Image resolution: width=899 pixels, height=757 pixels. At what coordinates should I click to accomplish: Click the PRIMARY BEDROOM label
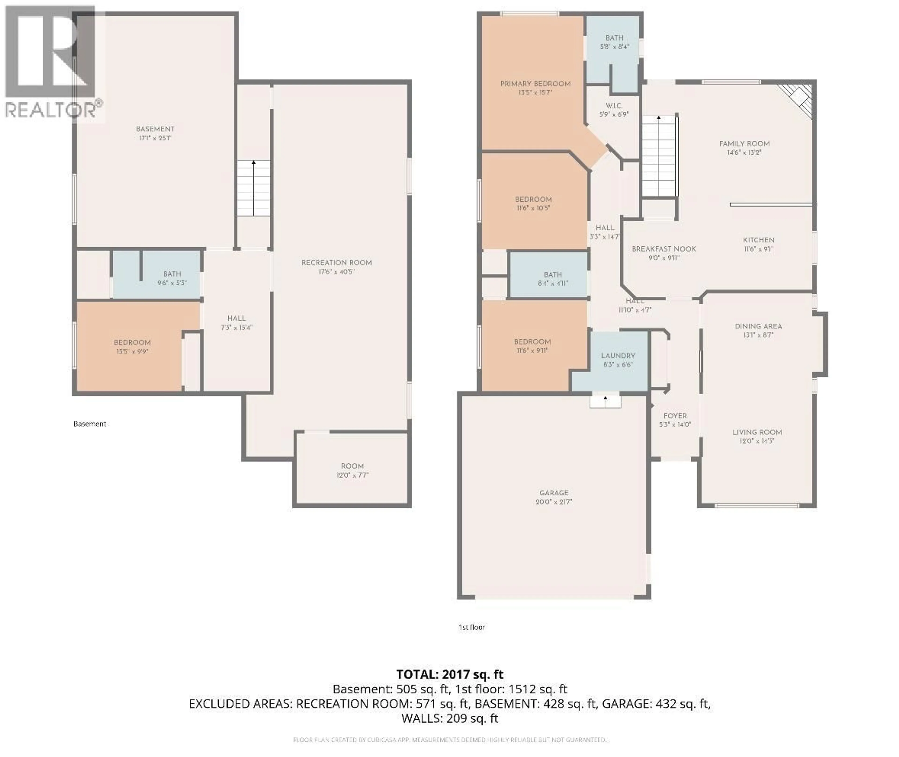point(535,84)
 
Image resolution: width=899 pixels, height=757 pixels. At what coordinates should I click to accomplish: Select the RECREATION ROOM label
point(336,263)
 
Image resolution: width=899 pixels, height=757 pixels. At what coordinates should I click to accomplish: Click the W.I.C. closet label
point(614,105)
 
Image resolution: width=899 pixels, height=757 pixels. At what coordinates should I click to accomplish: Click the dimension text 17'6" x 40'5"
point(336,272)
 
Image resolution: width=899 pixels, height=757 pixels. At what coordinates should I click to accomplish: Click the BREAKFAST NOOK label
point(664,249)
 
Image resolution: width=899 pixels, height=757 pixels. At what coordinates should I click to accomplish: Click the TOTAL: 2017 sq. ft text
point(449,674)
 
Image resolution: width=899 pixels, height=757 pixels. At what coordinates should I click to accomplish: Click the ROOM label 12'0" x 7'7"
point(352,466)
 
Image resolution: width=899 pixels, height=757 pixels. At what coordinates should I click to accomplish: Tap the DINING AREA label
point(758,326)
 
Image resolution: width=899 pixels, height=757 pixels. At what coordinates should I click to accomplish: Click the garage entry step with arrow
point(605,402)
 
